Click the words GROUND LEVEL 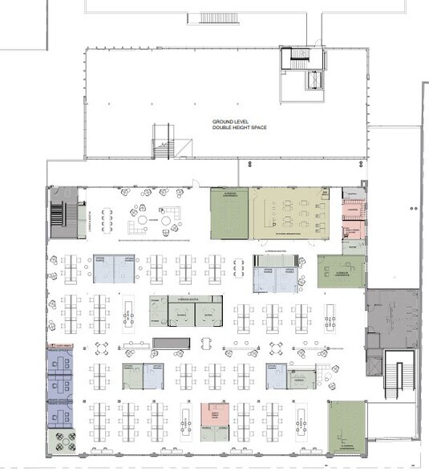(229, 123)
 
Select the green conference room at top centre (229, 214)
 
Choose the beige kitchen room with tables (290, 213)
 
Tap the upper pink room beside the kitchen (352, 213)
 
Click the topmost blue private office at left (59, 360)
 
